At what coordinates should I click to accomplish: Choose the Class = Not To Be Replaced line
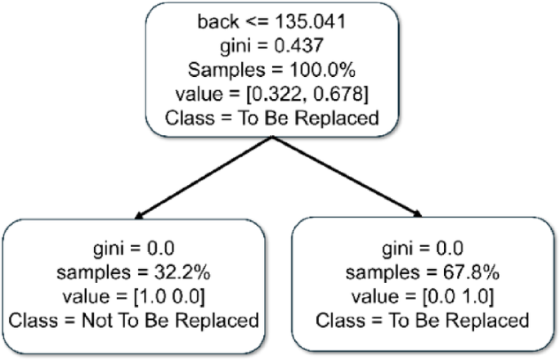[135, 319]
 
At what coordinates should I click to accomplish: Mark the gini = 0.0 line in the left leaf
[135, 245]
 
